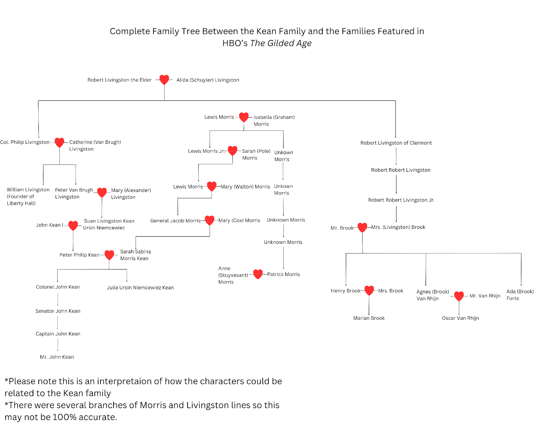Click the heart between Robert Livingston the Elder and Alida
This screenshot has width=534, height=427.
pyautogui.click(x=164, y=79)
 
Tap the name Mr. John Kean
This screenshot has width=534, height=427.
pyautogui.click(x=57, y=357)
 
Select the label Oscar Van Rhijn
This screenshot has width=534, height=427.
pyautogui.click(x=460, y=318)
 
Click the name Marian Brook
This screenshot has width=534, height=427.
pyautogui.click(x=369, y=318)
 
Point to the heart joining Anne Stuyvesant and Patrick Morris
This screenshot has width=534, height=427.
pyautogui.click(x=258, y=274)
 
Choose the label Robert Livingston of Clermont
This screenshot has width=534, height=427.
pyautogui.click(x=396, y=143)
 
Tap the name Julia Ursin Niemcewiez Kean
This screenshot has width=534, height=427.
pyautogui.click(x=140, y=288)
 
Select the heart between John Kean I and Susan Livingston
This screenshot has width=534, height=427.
pyautogui.click(x=73, y=226)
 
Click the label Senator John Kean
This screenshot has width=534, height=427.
pyautogui.click(x=58, y=311)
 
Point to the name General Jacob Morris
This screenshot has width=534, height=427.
pyautogui.click(x=175, y=221)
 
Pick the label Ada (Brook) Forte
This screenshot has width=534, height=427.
pyautogui.click(x=520, y=295)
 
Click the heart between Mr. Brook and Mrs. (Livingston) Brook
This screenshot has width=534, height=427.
pyautogui.click(x=362, y=228)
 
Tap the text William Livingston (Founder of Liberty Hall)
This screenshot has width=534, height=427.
pyautogui.click(x=28, y=196)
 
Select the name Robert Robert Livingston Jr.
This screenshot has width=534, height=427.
pyautogui.click(x=401, y=200)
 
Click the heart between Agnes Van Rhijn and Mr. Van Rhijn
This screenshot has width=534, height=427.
pyautogui.click(x=459, y=296)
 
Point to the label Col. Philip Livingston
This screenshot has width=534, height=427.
pyautogui.click(x=25, y=142)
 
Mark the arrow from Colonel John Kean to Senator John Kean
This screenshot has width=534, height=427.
pyautogui.click(x=58, y=299)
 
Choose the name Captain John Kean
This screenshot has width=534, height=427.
pyautogui.click(x=58, y=334)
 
